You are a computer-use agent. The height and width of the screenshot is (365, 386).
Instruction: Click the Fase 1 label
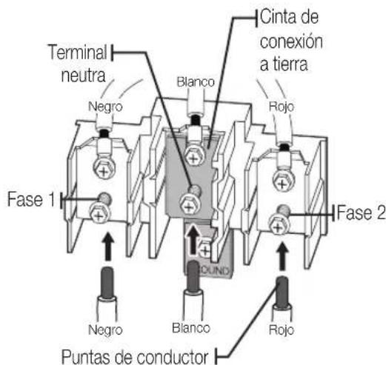tap(31, 199)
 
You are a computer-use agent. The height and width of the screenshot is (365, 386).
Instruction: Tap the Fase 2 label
tap(361, 212)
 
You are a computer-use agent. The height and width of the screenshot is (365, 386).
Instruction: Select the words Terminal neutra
tap(78, 64)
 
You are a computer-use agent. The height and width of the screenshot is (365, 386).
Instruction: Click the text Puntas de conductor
tap(135, 357)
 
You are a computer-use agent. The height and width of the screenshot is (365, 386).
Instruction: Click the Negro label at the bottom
tap(105, 329)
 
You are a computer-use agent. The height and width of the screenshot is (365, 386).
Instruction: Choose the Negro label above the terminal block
tap(105, 107)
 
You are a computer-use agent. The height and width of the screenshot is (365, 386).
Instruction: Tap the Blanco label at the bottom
tap(191, 328)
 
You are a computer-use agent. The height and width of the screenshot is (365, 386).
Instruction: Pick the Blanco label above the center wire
tap(196, 82)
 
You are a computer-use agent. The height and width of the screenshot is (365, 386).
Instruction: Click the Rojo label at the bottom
tap(282, 329)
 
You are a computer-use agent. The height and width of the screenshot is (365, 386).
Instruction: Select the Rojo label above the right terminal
tap(282, 107)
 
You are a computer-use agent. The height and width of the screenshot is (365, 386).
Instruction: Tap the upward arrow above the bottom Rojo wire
tap(282, 256)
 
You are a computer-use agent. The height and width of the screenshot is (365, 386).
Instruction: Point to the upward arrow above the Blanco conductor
tap(193, 239)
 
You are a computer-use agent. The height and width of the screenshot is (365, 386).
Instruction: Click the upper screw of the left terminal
tap(104, 170)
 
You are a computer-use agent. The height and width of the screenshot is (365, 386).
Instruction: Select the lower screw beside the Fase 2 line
tap(279, 225)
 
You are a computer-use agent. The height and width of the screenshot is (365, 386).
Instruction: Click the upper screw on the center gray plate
tap(195, 157)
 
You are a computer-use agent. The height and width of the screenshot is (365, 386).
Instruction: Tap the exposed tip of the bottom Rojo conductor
tap(282, 292)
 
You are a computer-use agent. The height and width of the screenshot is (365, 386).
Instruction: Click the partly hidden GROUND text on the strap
tap(216, 271)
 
